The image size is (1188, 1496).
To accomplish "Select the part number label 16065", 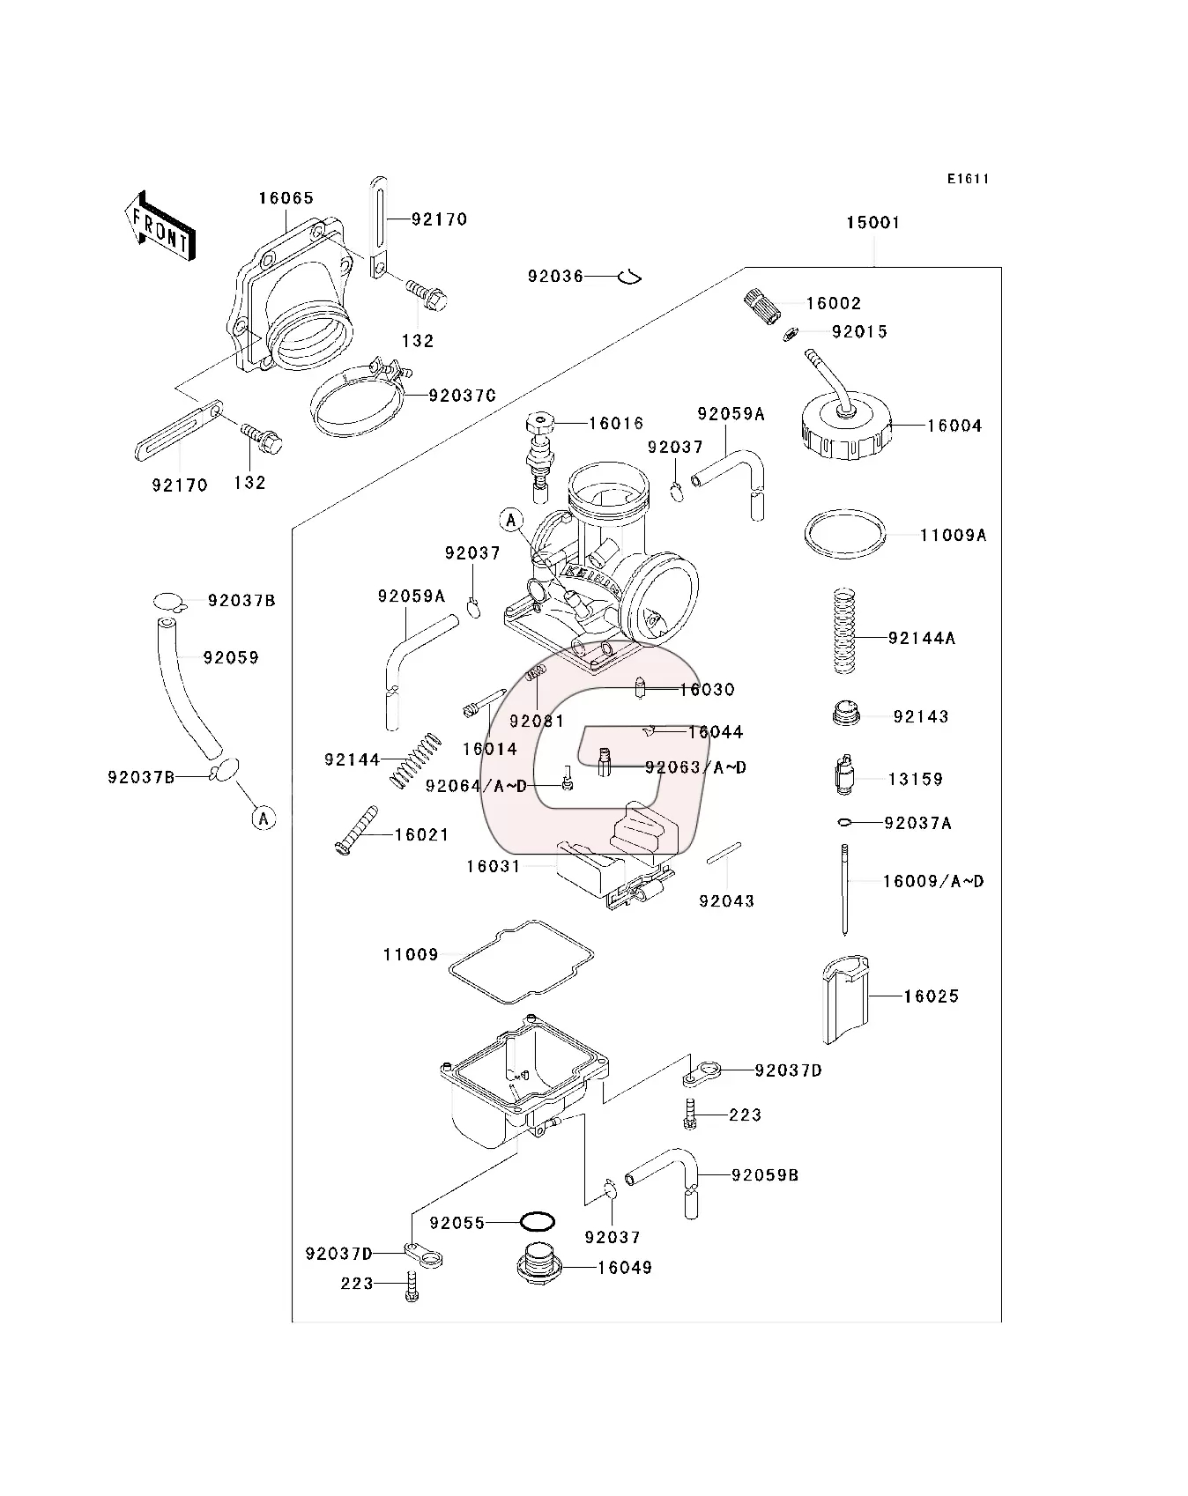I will (286, 198).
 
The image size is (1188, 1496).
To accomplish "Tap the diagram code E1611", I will (968, 179).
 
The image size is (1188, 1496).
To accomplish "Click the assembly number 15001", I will (872, 223).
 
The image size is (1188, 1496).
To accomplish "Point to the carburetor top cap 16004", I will (845, 427).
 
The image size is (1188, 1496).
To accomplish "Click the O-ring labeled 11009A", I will (844, 534).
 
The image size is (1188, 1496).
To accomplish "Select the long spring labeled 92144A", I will (844, 631).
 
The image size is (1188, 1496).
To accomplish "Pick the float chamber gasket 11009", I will (520, 962).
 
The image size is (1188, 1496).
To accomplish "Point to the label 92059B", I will (764, 1174).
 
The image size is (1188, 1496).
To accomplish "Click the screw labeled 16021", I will (356, 830).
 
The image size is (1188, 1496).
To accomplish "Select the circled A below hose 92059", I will (264, 818).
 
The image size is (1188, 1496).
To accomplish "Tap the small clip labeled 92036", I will (629, 277).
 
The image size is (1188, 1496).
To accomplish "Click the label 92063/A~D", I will (695, 767).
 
